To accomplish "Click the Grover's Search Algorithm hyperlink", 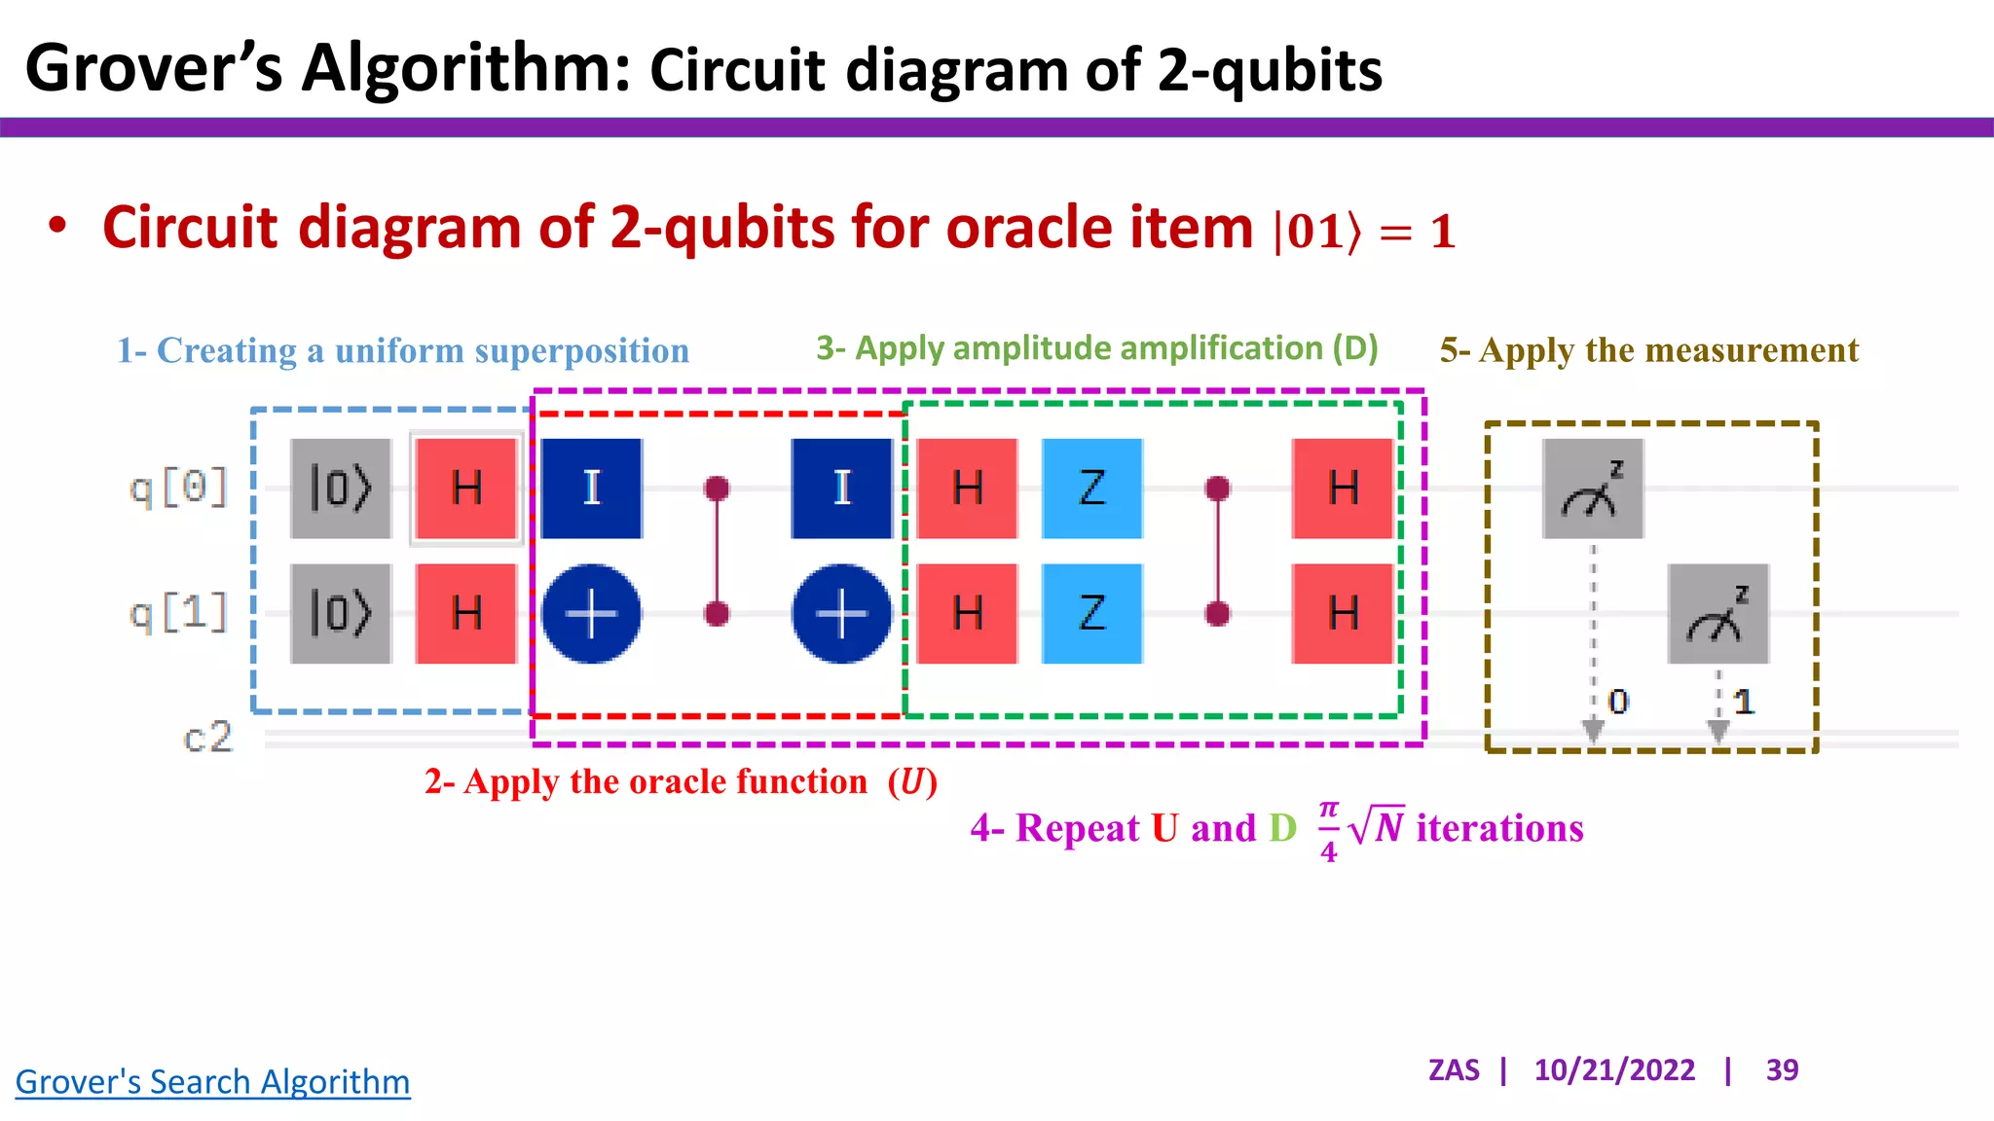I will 212,1082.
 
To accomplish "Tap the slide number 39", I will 1782,1070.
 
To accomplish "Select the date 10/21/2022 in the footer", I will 1614,1070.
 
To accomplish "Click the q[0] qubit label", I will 179,488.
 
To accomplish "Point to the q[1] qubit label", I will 179,614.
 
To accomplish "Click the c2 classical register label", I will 208,738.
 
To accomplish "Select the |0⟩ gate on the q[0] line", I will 341,488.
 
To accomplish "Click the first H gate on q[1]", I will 466,614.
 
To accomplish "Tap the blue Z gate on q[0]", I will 1092,488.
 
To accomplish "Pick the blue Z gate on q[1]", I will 1092,614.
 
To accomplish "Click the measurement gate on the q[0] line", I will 1593,488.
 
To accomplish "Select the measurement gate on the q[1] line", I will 1718,614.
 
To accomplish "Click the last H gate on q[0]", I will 1343,488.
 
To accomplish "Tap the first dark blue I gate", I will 592,488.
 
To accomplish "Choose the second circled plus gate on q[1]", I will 842,614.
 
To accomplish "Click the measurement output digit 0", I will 1618,702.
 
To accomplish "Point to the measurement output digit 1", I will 1744,702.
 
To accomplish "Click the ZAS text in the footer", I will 1454,1070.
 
